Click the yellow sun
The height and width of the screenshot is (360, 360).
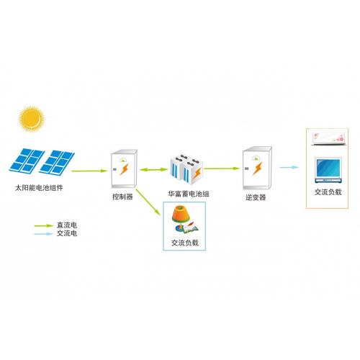(32, 119)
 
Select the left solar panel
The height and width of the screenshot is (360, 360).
(27, 161)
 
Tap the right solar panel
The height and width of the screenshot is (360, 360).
(57, 161)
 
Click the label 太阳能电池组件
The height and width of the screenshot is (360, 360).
(39, 188)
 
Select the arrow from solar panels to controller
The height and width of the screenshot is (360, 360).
(89, 171)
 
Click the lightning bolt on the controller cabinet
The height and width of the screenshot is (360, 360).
(125, 169)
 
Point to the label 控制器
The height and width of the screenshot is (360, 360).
(122, 197)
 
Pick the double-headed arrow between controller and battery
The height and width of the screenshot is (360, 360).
(154, 170)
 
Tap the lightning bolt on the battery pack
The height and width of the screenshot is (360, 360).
(197, 174)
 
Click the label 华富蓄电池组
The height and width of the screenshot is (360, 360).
(189, 194)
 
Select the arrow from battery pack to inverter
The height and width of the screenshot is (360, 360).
(222, 168)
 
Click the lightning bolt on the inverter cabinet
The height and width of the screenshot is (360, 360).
(257, 168)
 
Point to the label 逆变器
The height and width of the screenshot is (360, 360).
(256, 197)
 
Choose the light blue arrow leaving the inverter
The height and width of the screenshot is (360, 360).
(289, 167)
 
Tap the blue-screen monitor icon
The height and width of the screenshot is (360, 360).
(328, 171)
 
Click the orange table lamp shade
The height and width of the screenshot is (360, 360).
(181, 214)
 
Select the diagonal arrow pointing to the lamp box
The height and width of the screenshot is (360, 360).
(148, 202)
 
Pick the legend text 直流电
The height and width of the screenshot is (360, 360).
(67, 225)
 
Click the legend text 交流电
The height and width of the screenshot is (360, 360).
(67, 233)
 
